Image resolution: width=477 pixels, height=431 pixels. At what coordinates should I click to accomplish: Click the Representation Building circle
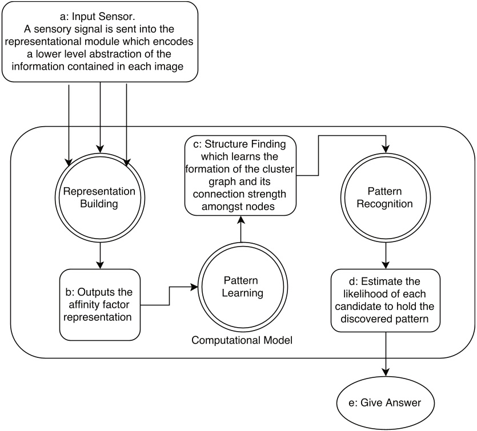[101, 197]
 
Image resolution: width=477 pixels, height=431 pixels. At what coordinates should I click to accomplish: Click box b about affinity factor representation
[100, 303]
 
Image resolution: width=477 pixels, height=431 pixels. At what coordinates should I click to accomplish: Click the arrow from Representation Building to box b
[101, 254]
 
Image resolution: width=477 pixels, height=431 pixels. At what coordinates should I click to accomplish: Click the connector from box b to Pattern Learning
[169, 296]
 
